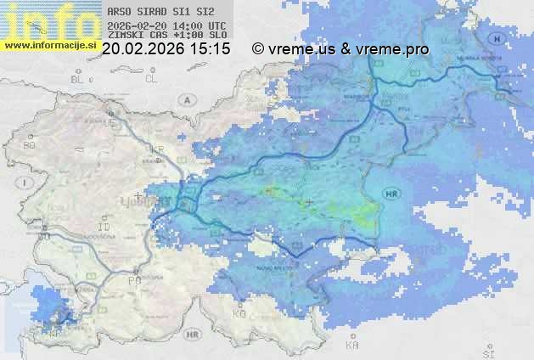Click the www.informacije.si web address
tap(50, 44)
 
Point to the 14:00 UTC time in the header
tap(205, 25)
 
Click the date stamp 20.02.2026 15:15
tap(166, 49)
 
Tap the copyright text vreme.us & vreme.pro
tap(340, 49)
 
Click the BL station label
tap(78, 79)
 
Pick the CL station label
tap(152, 79)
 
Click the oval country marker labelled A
tap(184, 99)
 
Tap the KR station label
tap(157, 149)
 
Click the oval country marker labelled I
tap(27, 182)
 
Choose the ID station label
tap(104, 228)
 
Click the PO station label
tap(133, 278)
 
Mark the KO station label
tap(239, 313)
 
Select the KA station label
tap(351, 345)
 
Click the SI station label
tap(487, 351)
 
